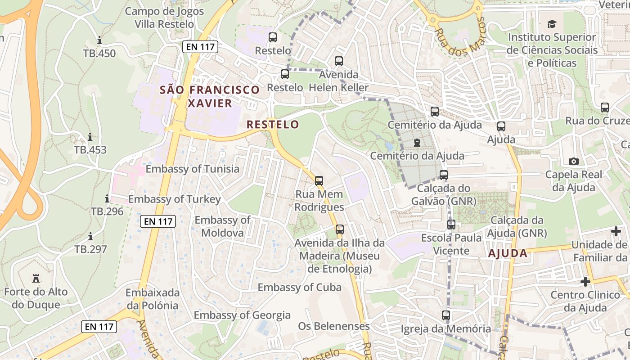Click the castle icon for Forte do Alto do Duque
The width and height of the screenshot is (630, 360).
pyautogui.click(x=36, y=279)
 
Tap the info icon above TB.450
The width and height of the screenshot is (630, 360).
pyautogui.click(x=99, y=40)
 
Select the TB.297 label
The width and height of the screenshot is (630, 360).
pyautogui.click(x=90, y=249)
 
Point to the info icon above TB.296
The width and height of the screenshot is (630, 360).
pyautogui.click(x=107, y=198)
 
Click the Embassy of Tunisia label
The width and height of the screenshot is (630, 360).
pyautogui.click(x=193, y=169)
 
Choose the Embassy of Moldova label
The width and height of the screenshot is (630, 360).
pyautogui.click(x=222, y=226)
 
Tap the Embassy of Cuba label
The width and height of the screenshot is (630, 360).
pyautogui.click(x=299, y=287)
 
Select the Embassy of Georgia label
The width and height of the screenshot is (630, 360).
pyautogui.click(x=242, y=315)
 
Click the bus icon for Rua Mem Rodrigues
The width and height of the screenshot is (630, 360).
pyautogui.click(x=319, y=181)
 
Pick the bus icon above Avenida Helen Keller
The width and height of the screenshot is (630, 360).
pyautogui.click(x=339, y=61)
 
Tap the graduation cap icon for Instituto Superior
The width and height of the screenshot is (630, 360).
pyautogui.click(x=551, y=24)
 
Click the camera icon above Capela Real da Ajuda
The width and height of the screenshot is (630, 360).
pyautogui.click(x=573, y=161)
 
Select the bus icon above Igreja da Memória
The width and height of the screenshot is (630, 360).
pyautogui.click(x=446, y=315)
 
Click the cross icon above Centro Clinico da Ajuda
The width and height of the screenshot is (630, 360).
pyautogui.click(x=585, y=282)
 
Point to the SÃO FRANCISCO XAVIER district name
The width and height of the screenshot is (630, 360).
pyautogui.click(x=210, y=96)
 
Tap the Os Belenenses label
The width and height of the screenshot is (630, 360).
pyautogui.click(x=334, y=326)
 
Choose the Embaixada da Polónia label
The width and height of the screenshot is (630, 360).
pyautogui.click(x=152, y=299)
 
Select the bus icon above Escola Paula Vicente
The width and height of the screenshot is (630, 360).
pyautogui.click(x=451, y=225)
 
